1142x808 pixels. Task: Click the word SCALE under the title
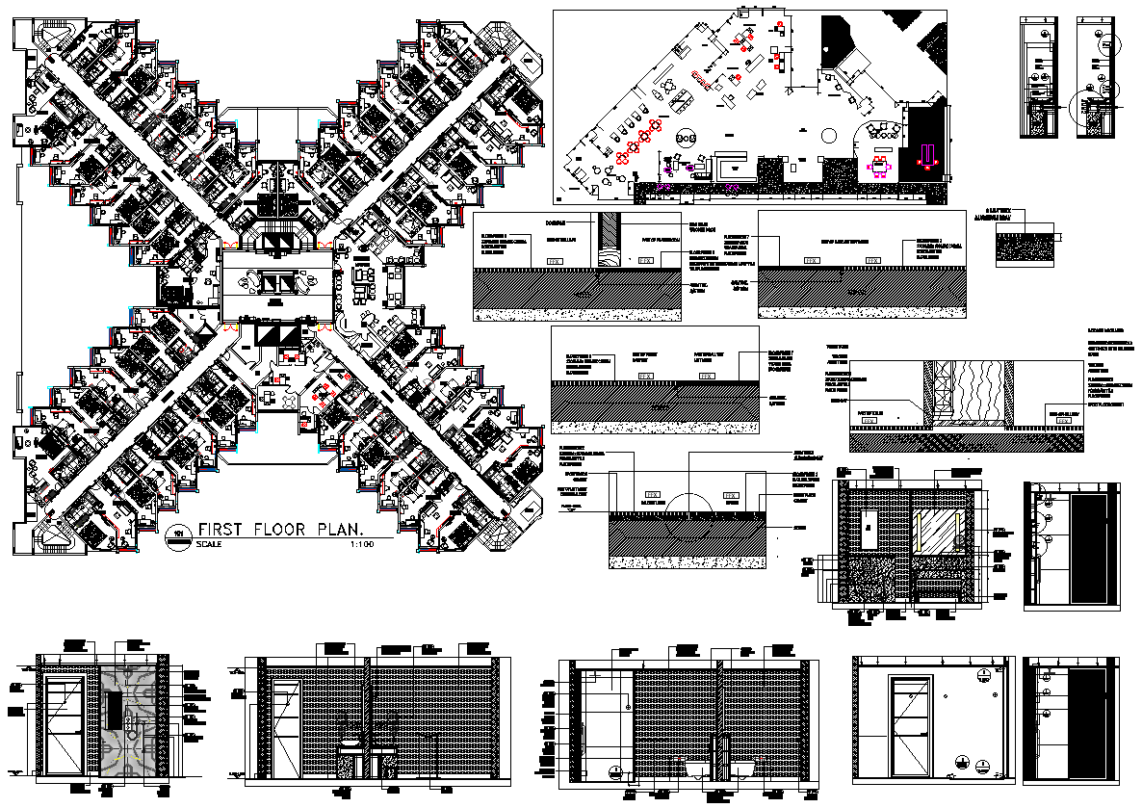[x=208, y=545]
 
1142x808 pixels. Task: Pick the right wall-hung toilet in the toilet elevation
[x=742, y=768]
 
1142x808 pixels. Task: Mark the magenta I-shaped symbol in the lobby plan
[x=929, y=153]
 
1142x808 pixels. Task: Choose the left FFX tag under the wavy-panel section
[x=872, y=420]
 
